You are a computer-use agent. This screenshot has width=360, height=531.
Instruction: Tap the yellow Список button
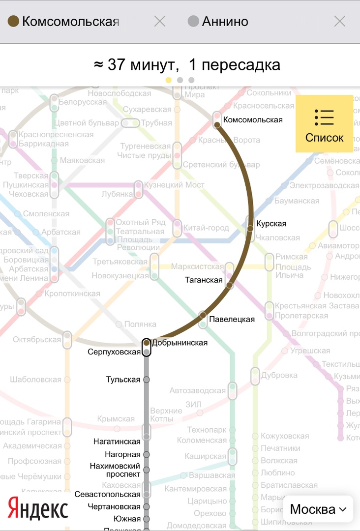pyautogui.click(x=324, y=123)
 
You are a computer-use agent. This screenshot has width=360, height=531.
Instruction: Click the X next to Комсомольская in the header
pyautogui.click(x=160, y=21)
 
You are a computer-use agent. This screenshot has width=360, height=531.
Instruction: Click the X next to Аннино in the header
pyautogui.click(x=340, y=21)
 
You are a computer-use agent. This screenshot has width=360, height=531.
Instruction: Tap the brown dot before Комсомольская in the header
pyautogui.click(x=14, y=21)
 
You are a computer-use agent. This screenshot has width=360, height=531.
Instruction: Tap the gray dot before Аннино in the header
pyautogui.click(x=194, y=21)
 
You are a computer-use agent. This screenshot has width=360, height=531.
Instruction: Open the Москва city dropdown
pyautogui.click(x=318, y=509)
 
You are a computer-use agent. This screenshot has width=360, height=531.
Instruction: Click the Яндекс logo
pyautogui.click(x=38, y=508)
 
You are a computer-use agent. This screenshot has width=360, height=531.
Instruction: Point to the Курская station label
pyautogui.click(x=270, y=224)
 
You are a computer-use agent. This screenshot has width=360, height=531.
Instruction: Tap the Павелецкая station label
pyautogui.click(x=232, y=320)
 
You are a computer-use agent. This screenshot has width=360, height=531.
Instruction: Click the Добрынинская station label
pyautogui.click(x=180, y=343)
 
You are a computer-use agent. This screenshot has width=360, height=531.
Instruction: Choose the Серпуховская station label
pyautogui.click(x=114, y=352)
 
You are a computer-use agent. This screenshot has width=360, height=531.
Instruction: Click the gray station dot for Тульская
pyautogui.click(x=146, y=380)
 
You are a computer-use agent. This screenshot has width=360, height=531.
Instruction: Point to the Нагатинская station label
pyautogui.click(x=117, y=442)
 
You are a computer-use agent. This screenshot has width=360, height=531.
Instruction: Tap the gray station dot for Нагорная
pyautogui.click(x=146, y=455)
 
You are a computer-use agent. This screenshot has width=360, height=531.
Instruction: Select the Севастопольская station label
pyautogui.click(x=108, y=494)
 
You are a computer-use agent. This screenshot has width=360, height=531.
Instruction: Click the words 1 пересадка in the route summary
pyautogui.click(x=235, y=65)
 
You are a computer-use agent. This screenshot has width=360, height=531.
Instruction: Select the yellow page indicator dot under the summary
pyautogui.click(x=169, y=80)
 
